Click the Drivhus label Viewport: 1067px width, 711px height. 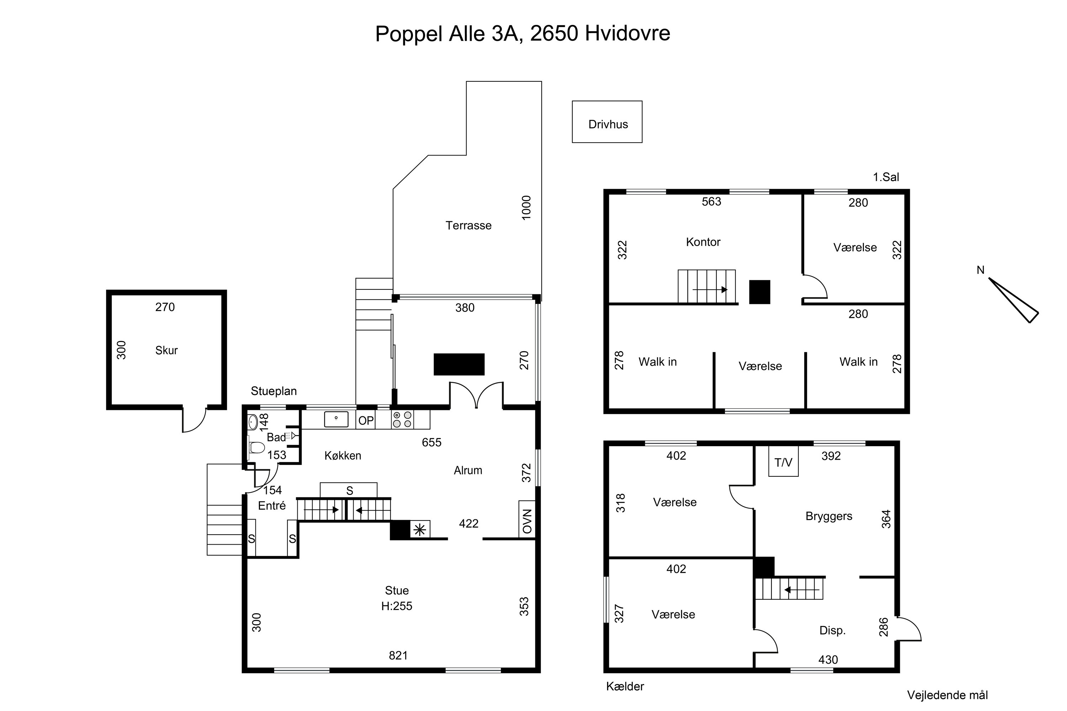pos(608,124)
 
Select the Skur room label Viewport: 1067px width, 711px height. pos(166,350)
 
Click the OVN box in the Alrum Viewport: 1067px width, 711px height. pos(527,520)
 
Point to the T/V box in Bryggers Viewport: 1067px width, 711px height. pos(783,461)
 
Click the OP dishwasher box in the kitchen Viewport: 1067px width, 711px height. pos(366,420)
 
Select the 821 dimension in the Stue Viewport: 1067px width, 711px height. pos(398,655)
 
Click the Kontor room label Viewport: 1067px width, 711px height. pos(703,242)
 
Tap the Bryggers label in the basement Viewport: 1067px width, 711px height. pos(829,516)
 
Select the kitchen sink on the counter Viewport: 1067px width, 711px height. pos(336,419)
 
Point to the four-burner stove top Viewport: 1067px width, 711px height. pos(402,419)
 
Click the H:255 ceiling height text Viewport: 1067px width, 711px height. pos(397,606)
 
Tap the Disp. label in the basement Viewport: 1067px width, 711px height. pos(833,630)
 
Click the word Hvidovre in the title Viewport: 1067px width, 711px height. pos(627,33)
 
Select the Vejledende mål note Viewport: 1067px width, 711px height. pos(947,695)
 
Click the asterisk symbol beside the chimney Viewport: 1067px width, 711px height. pos(420,530)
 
